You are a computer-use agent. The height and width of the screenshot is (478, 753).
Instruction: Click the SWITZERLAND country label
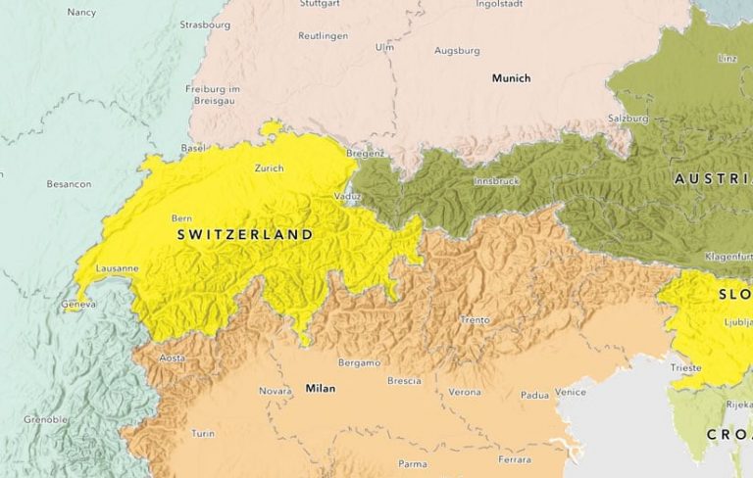click(x=245, y=235)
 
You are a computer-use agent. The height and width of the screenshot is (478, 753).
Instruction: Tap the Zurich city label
click(x=269, y=168)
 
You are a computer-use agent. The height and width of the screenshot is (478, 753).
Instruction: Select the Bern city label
click(x=181, y=217)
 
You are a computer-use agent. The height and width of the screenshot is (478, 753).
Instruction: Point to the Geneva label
click(x=79, y=305)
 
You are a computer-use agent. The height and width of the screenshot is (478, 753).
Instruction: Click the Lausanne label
click(x=118, y=268)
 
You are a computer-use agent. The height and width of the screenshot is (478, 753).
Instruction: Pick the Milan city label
click(x=321, y=389)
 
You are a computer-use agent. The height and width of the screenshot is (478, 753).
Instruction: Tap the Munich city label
click(x=511, y=78)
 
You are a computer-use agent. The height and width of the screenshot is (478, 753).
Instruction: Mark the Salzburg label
click(x=628, y=118)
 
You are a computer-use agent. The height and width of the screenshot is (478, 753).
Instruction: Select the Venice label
click(x=571, y=392)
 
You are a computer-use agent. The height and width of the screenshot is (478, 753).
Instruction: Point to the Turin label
click(x=203, y=433)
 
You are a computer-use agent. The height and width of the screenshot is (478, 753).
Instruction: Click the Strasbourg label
click(x=205, y=24)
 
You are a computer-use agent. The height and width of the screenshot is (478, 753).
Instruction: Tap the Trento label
click(x=475, y=320)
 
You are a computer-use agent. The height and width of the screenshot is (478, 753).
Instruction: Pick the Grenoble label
click(x=46, y=419)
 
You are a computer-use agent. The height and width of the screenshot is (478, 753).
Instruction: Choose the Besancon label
click(x=69, y=184)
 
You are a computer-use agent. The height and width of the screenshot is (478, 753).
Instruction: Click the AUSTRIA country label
click(x=713, y=179)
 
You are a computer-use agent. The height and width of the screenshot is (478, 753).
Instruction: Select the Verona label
click(x=465, y=392)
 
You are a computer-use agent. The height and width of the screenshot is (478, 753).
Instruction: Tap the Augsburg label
click(x=457, y=50)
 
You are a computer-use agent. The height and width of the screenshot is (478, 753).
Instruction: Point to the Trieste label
click(x=686, y=368)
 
